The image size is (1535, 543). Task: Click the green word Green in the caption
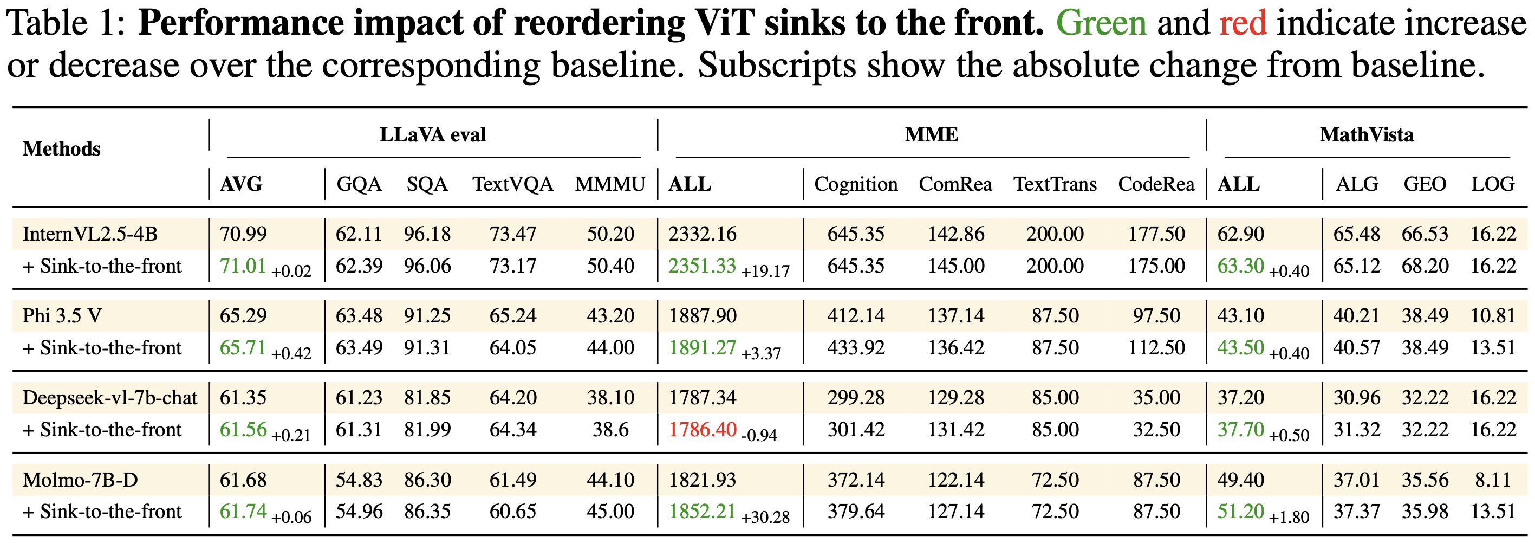point(1101,24)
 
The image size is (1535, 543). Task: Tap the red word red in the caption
point(1243,24)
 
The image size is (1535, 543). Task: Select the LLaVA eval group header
point(433,135)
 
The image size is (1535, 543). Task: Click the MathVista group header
point(1367,135)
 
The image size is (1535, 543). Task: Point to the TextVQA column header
point(512,184)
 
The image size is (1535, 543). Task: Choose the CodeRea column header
point(1156,184)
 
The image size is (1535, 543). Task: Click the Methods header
point(61,148)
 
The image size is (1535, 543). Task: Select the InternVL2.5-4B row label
point(90,234)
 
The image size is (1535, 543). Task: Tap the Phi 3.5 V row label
point(62,315)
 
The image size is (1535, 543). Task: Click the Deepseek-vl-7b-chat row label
point(109,398)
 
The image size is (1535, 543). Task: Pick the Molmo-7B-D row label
point(80,480)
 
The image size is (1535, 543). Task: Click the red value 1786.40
point(703,429)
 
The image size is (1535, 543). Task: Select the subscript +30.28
point(765,517)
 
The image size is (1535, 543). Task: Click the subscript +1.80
point(1289,517)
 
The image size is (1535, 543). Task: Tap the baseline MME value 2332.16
point(702,234)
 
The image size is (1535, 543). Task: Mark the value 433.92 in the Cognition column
point(856,347)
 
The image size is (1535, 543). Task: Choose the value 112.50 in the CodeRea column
point(1156,347)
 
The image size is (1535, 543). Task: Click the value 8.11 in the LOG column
point(1493,480)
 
